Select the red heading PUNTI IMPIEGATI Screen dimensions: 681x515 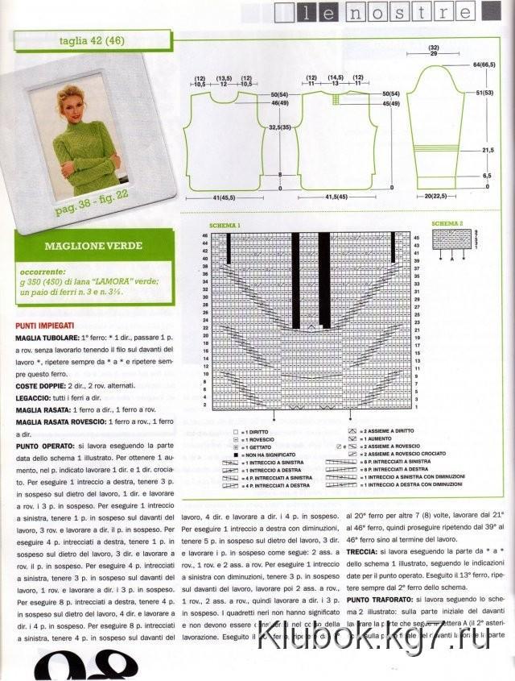pos(46,325)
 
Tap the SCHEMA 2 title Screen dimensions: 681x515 pos(447,223)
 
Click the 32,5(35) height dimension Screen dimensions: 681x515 pos(280,127)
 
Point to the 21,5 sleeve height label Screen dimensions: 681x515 pos(488,151)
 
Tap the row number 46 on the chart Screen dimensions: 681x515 pos(205,236)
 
